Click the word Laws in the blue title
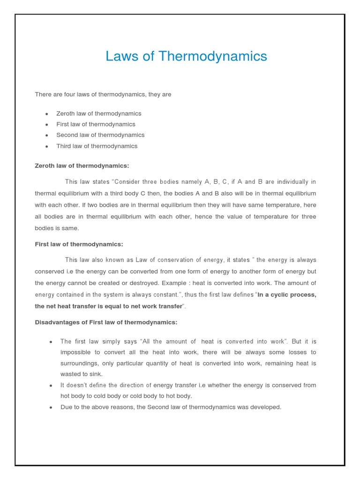120,57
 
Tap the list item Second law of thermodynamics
100,135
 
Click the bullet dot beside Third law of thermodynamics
47,146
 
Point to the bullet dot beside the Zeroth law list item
47,114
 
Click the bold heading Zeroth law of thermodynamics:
82,165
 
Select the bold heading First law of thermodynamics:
79,244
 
